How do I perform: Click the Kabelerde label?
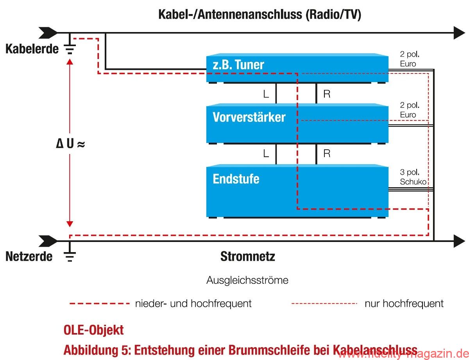click(x=32, y=49)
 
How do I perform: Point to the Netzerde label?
click(x=29, y=256)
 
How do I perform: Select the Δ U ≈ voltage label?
click(x=70, y=144)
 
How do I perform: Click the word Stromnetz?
click(x=248, y=256)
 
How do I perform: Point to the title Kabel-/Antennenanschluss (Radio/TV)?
click(x=260, y=15)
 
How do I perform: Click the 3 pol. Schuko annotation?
click(x=413, y=177)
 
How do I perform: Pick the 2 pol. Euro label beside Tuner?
click(x=409, y=59)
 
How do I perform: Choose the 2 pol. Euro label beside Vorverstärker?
click(x=409, y=110)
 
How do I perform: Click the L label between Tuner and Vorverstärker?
click(x=266, y=94)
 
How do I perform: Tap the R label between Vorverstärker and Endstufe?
click(x=327, y=154)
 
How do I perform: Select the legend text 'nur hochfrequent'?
click(x=404, y=303)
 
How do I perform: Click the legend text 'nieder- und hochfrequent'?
click(x=193, y=303)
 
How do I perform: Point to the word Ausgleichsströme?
click(x=247, y=280)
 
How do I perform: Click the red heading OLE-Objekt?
click(x=93, y=330)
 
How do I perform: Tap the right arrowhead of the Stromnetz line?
click(x=459, y=241)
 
